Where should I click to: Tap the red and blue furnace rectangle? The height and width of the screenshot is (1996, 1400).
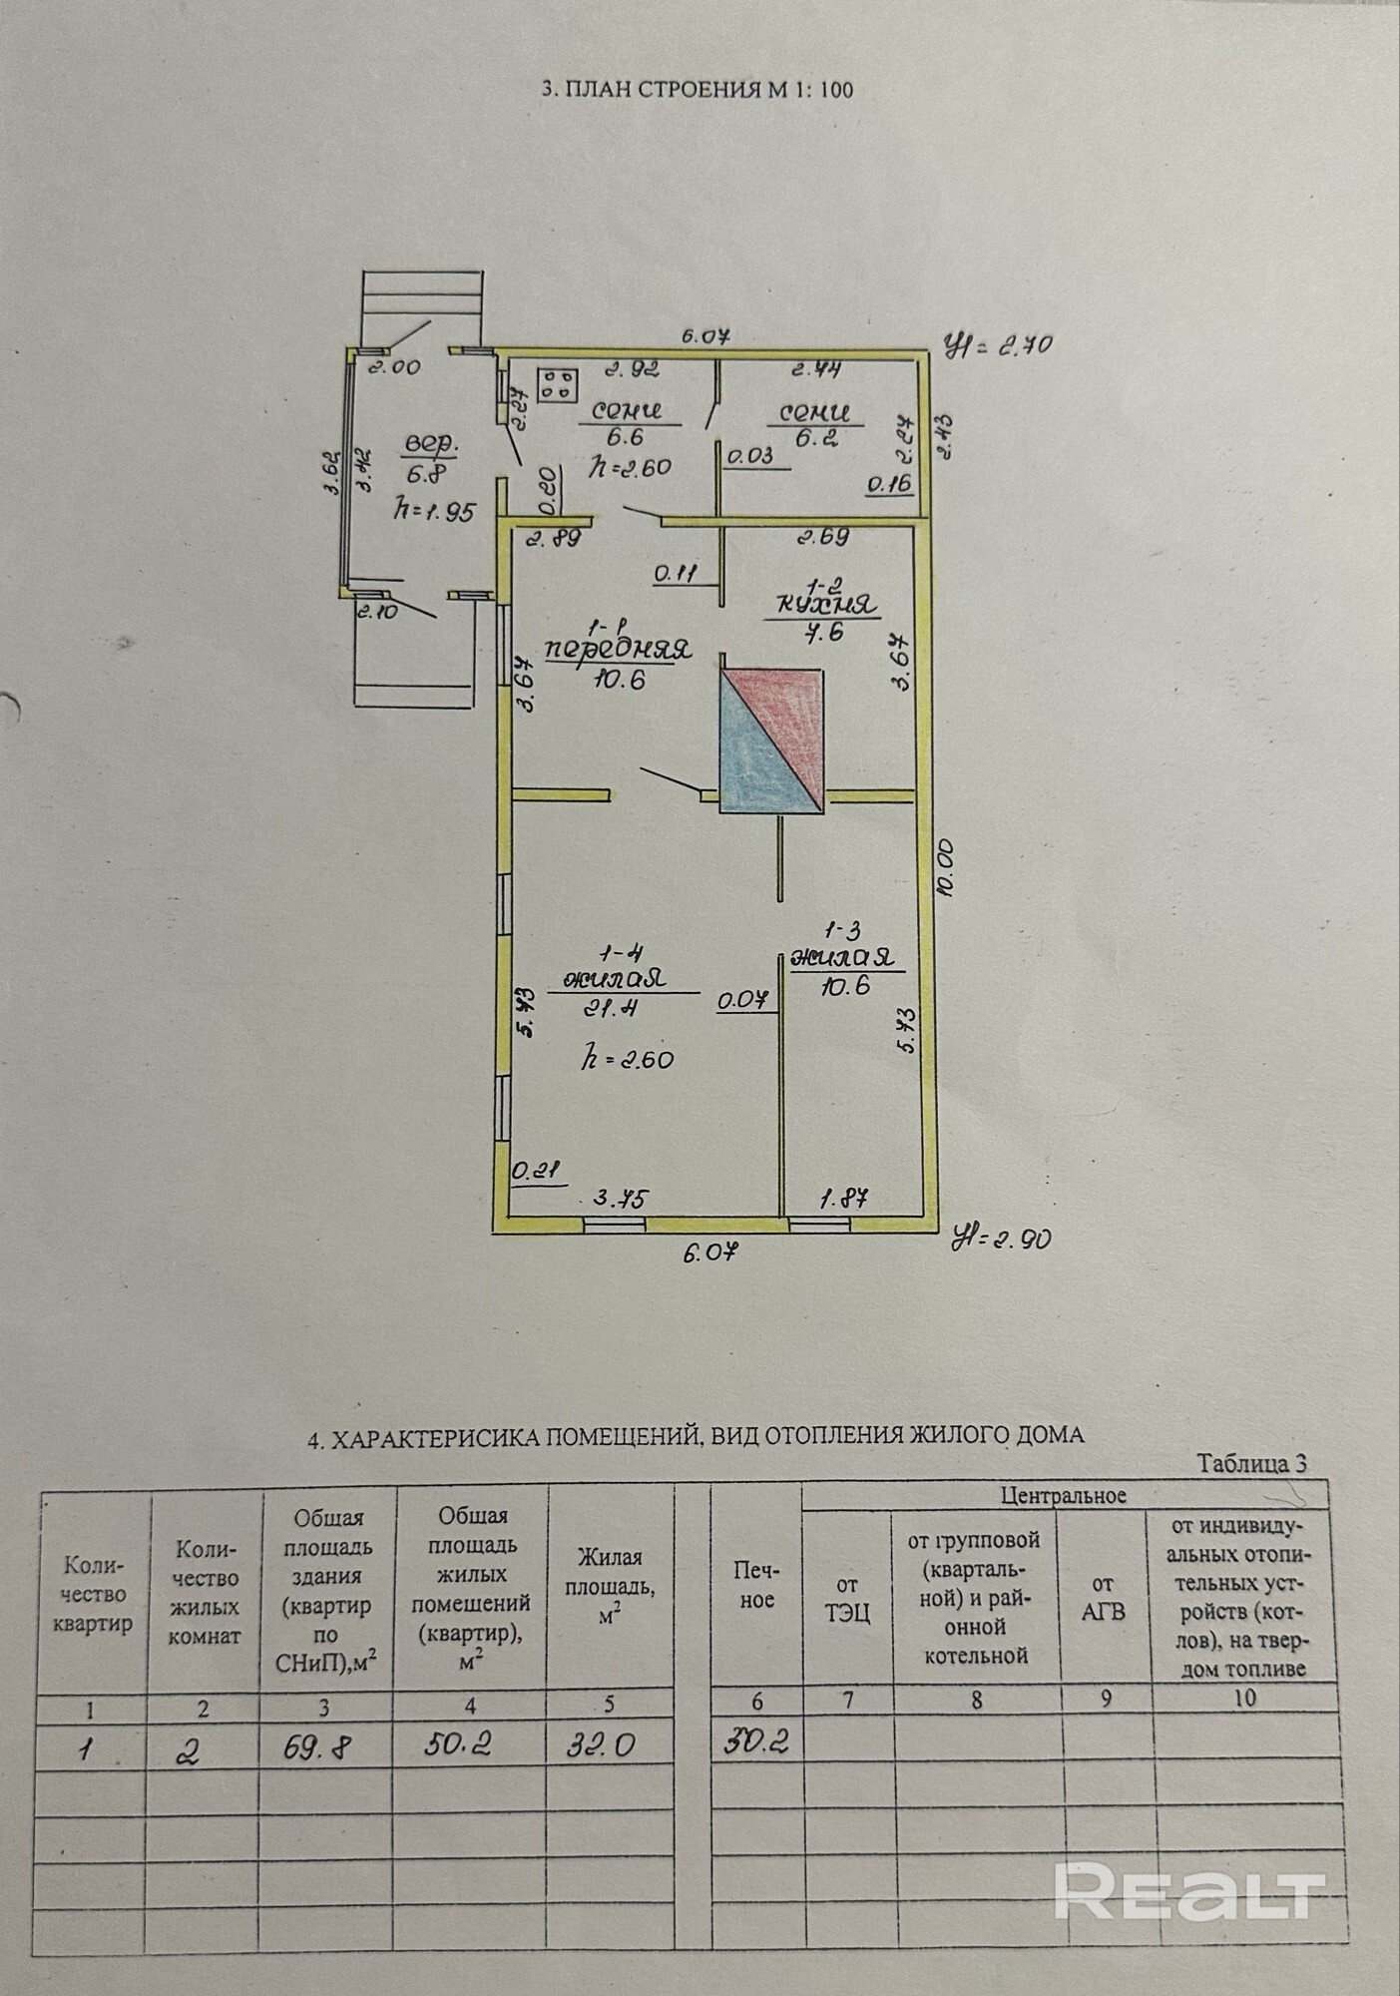(x=772, y=740)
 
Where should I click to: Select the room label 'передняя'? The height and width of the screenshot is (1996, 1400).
(x=619, y=650)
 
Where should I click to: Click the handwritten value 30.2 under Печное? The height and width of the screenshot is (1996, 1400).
(x=756, y=1742)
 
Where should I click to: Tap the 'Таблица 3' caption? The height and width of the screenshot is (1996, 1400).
(x=1251, y=1463)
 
